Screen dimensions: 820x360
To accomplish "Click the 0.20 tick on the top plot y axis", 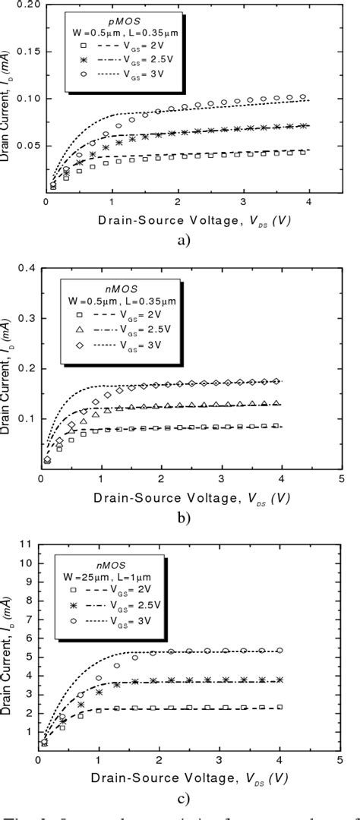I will [x=27, y=5].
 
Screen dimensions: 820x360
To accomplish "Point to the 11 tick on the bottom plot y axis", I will [x=28, y=544].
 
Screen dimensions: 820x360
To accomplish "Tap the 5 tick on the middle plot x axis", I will [x=341, y=481].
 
